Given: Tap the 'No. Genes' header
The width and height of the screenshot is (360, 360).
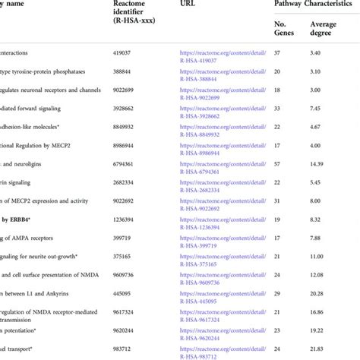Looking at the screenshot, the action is click(x=284, y=29).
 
